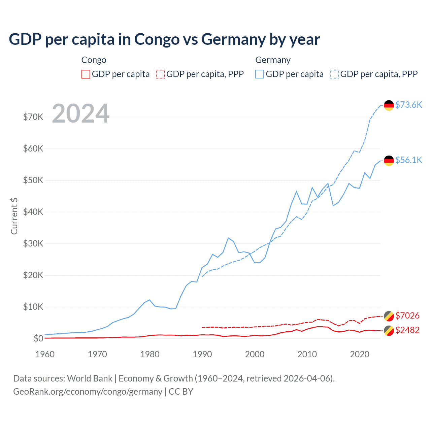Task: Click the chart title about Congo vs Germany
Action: [164, 39]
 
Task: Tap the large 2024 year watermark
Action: [81, 113]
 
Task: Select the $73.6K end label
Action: [408, 105]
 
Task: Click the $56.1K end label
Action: [408, 160]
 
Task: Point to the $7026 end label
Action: [407, 316]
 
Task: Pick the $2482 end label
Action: [407, 330]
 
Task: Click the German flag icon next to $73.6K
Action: [389, 105]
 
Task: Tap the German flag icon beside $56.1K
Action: [389, 161]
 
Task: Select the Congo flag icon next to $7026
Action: [389, 316]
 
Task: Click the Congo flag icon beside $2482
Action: [389, 331]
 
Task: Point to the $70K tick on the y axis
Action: [33, 117]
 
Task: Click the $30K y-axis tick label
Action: [33, 243]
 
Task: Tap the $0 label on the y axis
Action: [38, 338]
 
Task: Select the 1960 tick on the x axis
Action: [45, 354]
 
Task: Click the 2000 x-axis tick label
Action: [255, 354]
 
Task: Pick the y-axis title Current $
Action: [14, 216]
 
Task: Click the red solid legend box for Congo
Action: [86, 74]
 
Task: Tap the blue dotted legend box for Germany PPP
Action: [334, 74]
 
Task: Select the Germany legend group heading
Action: [273, 60]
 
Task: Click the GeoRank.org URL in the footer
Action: [88, 392]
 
